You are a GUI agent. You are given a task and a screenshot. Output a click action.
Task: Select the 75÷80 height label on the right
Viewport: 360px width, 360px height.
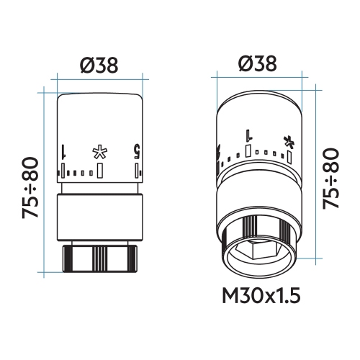click(333, 179)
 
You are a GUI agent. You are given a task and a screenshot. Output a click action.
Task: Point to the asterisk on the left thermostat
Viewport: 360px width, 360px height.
click(99, 152)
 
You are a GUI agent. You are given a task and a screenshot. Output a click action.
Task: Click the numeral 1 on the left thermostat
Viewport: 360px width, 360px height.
click(65, 152)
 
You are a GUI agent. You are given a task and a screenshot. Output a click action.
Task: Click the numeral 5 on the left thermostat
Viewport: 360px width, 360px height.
click(135, 152)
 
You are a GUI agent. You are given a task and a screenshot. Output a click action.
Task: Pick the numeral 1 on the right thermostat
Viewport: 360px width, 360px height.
click(248, 135)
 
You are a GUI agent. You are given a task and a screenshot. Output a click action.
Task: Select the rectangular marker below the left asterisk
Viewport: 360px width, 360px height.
click(99, 169)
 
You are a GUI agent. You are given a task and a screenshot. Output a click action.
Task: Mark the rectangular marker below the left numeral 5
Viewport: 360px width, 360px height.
click(135, 169)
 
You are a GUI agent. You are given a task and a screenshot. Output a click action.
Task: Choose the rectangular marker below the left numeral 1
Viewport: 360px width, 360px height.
click(64, 169)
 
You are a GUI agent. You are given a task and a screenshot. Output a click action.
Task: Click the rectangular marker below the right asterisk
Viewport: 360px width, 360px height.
click(289, 156)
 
